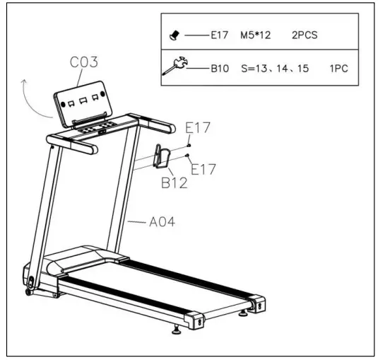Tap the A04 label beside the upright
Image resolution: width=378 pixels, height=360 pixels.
click(162, 221)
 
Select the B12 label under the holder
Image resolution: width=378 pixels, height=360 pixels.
click(172, 182)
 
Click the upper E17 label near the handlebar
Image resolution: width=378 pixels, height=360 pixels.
click(199, 128)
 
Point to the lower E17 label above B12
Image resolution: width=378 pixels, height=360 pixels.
click(203, 170)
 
